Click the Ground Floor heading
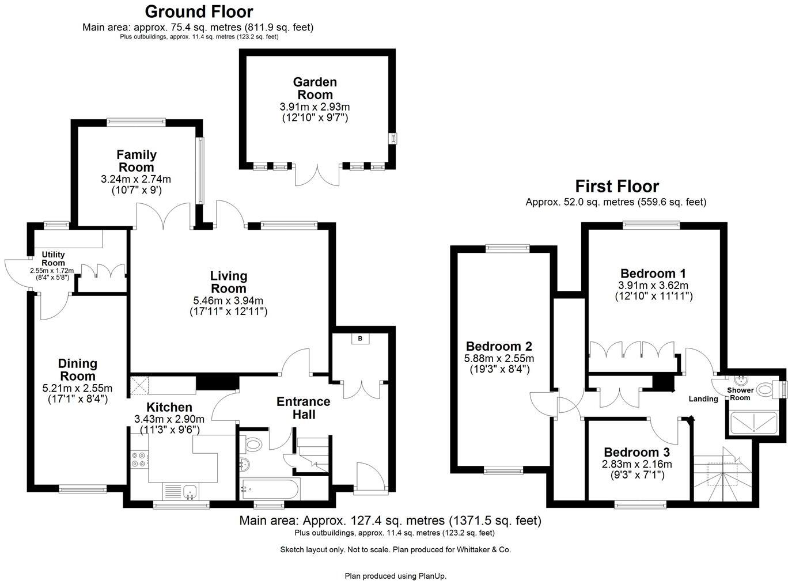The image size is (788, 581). click(199, 12)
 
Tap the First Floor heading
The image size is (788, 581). click(617, 187)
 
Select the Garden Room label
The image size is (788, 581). click(315, 89)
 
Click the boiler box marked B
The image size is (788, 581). click(361, 339)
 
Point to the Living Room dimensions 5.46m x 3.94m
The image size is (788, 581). click(228, 301)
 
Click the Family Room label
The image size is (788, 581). click(137, 161)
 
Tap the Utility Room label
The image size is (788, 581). click(53, 259)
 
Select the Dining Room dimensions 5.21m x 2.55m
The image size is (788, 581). click(77, 388)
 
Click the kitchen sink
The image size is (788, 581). click(190, 491)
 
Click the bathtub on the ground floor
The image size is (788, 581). click(269, 489)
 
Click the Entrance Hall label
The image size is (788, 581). click(304, 408)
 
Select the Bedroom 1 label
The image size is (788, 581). click(653, 274)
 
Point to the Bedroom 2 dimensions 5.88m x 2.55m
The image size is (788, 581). click(499, 359)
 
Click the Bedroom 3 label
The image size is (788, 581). click(637, 453)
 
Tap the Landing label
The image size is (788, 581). click(703, 399)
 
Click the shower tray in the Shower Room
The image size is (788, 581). click(752, 423)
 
